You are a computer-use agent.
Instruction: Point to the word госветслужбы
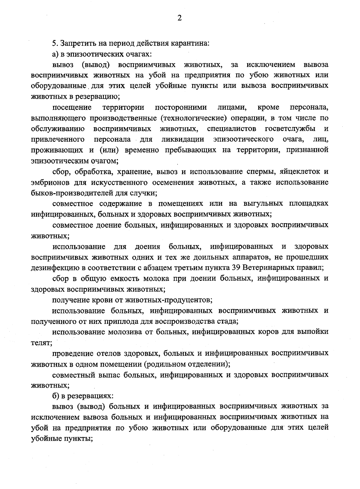point(290,129)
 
